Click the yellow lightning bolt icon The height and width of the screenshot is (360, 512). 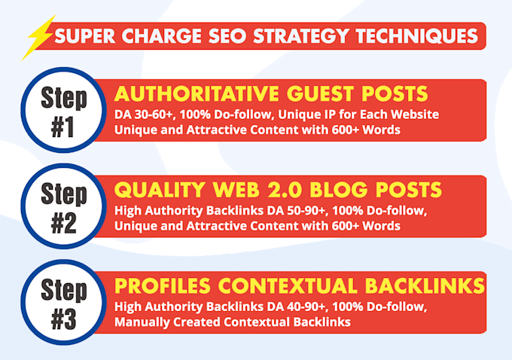pyautogui.click(x=38, y=37)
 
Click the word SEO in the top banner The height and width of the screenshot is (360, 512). pyautogui.click(x=227, y=35)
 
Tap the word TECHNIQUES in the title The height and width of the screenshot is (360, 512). pyautogui.click(x=417, y=36)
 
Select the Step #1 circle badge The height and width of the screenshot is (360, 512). pyautogui.click(x=64, y=110)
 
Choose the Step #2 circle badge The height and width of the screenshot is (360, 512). pyautogui.click(x=64, y=206)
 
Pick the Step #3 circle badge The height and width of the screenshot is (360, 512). pyautogui.click(x=64, y=302)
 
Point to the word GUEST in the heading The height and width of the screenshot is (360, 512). pyautogui.click(x=320, y=93)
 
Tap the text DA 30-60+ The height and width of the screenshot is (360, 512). pyautogui.click(x=143, y=114)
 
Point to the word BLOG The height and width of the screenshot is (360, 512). pyautogui.click(x=339, y=190)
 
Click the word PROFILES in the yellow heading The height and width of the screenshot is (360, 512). pyautogui.click(x=163, y=286)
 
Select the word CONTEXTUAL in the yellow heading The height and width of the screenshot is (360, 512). pyautogui.click(x=288, y=286)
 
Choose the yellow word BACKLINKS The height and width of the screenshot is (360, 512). pyautogui.click(x=425, y=286)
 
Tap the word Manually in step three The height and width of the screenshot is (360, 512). pyautogui.click(x=142, y=322)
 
